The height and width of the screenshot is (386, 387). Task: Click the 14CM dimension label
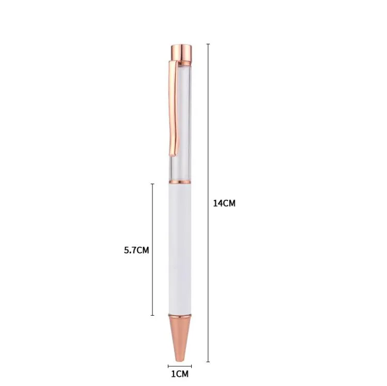224,203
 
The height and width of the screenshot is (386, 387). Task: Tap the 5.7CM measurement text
136,250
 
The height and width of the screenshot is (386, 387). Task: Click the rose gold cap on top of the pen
180,51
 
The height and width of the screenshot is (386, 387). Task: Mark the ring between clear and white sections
180,182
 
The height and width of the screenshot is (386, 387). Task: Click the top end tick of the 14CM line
208,44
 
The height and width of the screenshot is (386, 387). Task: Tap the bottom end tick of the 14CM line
208,362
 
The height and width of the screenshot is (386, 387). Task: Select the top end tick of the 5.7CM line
152,184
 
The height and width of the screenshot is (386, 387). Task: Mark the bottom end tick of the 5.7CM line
152,315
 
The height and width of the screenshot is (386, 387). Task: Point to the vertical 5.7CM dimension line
152,217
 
